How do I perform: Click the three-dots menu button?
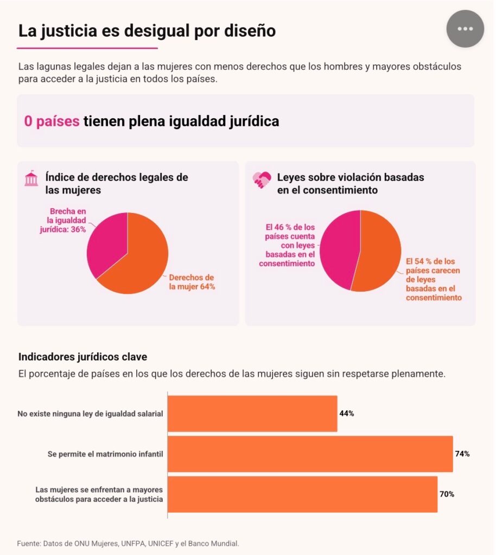(465, 29)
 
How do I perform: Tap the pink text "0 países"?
(52, 121)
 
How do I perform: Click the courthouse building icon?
(31, 178)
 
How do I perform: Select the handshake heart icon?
(262, 179)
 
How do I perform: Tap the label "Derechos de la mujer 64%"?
(192, 282)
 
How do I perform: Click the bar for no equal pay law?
(252, 414)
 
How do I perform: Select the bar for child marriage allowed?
(310, 454)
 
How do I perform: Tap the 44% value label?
(347, 414)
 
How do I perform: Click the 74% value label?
(462, 454)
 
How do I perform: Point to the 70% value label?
(447, 494)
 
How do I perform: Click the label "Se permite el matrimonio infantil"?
(105, 454)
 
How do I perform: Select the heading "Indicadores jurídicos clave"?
(82, 357)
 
